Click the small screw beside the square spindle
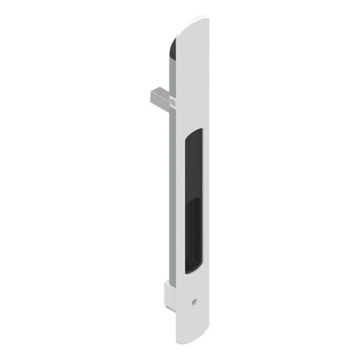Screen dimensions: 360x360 click(173, 103)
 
